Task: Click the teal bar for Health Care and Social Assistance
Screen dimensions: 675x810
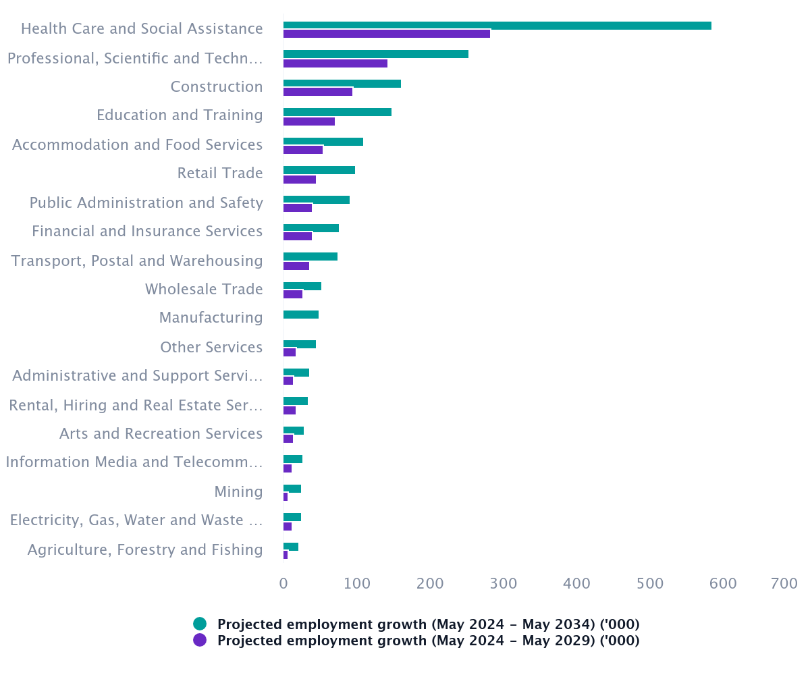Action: (497, 26)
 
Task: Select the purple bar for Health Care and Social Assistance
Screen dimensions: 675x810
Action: (386, 34)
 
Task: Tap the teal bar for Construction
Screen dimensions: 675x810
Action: (342, 84)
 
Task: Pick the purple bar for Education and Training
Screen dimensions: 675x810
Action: (308, 122)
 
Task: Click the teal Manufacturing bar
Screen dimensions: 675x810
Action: (300, 315)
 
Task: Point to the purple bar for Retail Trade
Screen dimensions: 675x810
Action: (299, 180)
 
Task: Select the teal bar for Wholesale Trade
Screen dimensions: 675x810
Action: (302, 286)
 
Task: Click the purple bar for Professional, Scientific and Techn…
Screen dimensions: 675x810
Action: (335, 63)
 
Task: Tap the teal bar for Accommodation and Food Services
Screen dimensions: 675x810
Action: (323, 142)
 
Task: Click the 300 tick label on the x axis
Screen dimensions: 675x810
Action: (504, 583)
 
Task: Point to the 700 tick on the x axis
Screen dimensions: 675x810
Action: (784, 583)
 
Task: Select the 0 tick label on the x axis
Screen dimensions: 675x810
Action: (283, 583)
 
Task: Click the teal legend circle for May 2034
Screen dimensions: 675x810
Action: (200, 624)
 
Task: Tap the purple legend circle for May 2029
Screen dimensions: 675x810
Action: (200, 640)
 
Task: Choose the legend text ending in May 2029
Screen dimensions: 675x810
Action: (428, 640)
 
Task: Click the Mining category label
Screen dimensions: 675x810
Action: (238, 491)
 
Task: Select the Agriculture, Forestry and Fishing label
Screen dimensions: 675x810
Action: (145, 549)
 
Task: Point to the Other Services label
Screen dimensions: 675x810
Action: (211, 347)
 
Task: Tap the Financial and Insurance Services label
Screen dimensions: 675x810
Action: (147, 231)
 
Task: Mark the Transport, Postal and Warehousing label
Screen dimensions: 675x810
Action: (137, 261)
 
